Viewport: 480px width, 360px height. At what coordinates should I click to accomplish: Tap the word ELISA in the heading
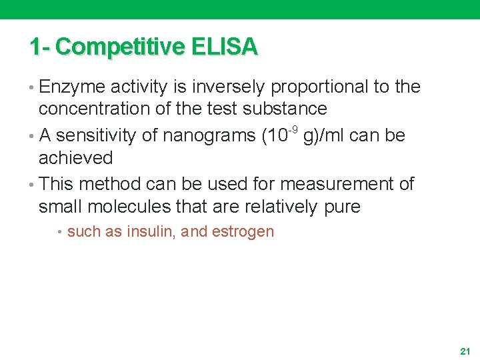(x=224, y=47)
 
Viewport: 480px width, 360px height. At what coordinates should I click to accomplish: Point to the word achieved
(x=76, y=158)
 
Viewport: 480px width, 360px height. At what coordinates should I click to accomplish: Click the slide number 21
(x=465, y=350)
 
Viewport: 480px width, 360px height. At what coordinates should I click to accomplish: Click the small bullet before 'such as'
(x=60, y=233)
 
